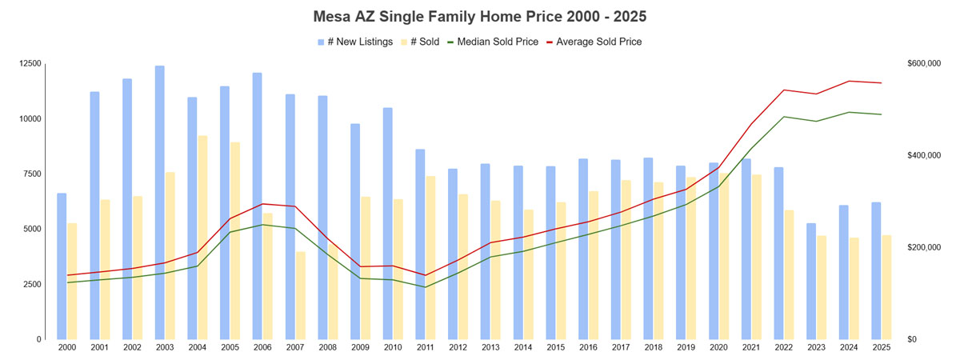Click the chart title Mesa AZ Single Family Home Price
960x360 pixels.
click(x=480, y=16)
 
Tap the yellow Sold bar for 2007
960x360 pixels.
click(x=300, y=295)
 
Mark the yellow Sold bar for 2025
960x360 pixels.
click(x=886, y=287)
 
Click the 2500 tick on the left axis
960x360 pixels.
click(x=31, y=285)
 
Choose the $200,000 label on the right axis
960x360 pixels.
click(x=923, y=248)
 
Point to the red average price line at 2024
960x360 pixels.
click(x=849, y=81)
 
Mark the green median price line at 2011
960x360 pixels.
click(x=426, y=287)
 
